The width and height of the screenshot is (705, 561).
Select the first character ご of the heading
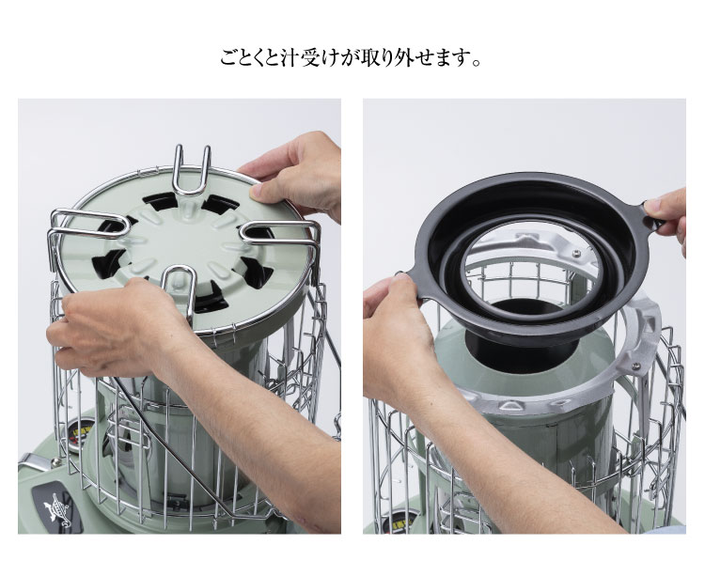pyautogui.click(x=228, y=58)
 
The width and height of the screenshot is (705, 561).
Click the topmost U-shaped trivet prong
pyautogui.click(x=192, y=171)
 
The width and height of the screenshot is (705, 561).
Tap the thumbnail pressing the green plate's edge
pyautogui.click(x=256, y=192)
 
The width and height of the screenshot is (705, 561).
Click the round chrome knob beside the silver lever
pyautogui.click(x=55, y=461)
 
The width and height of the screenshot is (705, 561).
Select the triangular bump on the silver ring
pyautogui.click(x=509, y=406)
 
